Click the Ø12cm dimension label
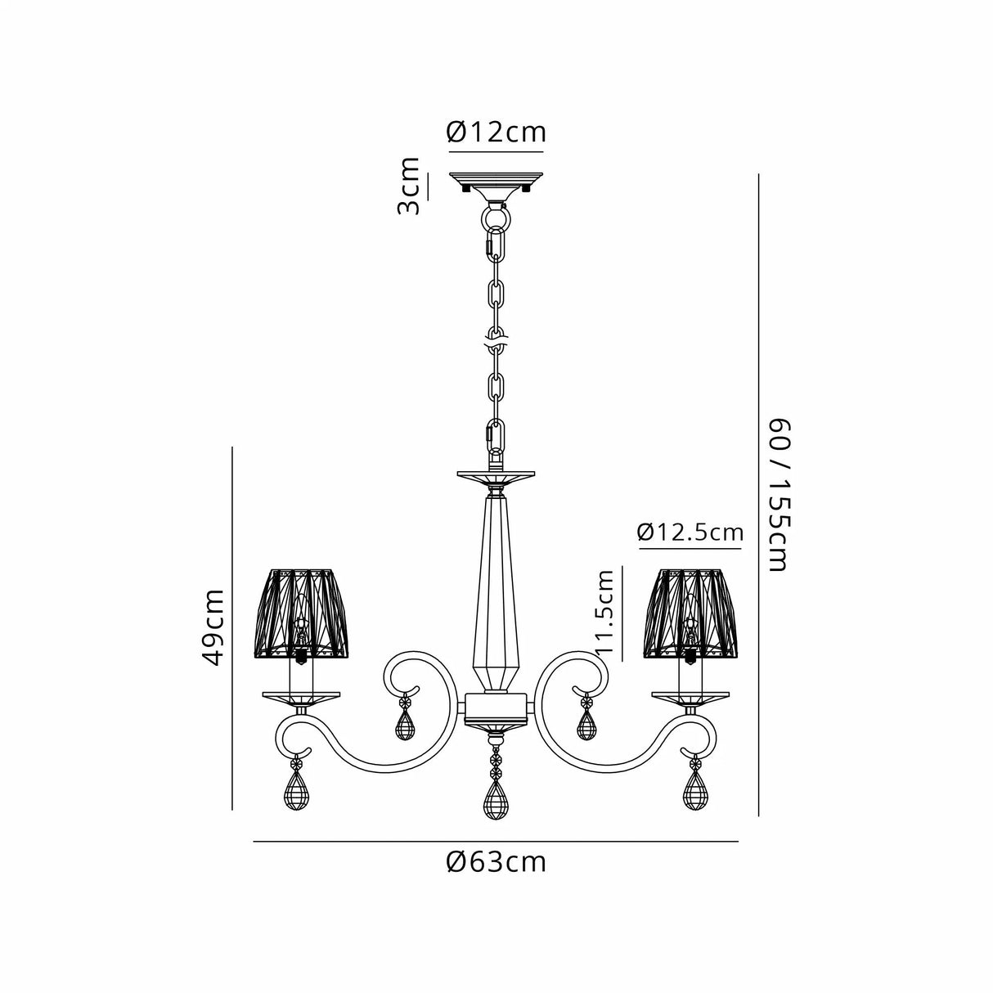(496, 132)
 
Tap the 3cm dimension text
(408, 186)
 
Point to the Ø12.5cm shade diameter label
(690, 533)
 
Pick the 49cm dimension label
(213, 627)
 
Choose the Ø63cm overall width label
(496, 862)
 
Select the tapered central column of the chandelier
(496, 573)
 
